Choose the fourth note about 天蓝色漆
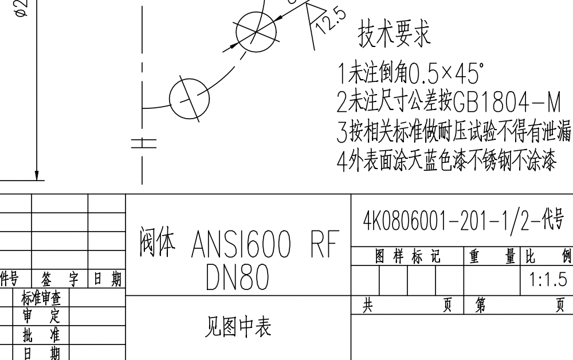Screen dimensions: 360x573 pos(446,162)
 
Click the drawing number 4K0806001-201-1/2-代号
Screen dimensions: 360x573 pos(464,220)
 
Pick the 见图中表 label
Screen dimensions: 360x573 pos(238,327)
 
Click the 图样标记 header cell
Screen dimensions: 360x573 pos(407,257)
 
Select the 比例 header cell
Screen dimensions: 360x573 pos(547,257)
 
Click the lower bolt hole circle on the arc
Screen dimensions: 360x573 pos(190,98)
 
